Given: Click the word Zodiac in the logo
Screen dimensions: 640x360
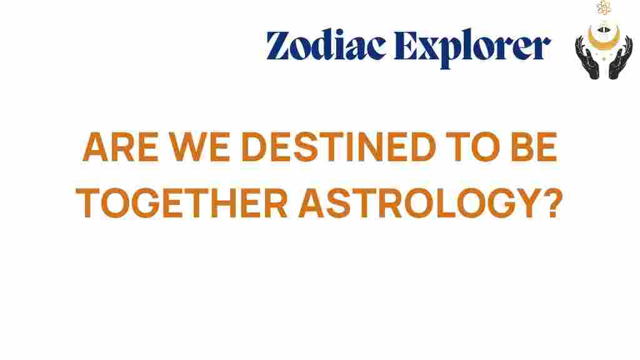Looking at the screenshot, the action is [326, 45].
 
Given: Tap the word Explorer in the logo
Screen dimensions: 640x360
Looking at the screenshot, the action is [472, 47].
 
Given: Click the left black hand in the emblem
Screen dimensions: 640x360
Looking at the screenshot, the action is [587, 58].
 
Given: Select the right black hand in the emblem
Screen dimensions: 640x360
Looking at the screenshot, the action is [621, 58].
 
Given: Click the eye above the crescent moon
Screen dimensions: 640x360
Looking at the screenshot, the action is [604, 29].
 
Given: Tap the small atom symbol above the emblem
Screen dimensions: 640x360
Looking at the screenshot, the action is [604, 7].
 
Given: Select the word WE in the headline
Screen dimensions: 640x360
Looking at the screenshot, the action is [200, 147].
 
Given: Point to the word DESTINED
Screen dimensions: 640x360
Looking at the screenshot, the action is [339, 147].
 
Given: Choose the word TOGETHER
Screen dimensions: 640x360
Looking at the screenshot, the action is [182, 203].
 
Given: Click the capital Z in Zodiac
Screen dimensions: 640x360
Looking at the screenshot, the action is [278, 45].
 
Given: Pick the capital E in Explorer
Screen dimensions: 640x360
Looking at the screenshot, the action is [406, 45].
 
